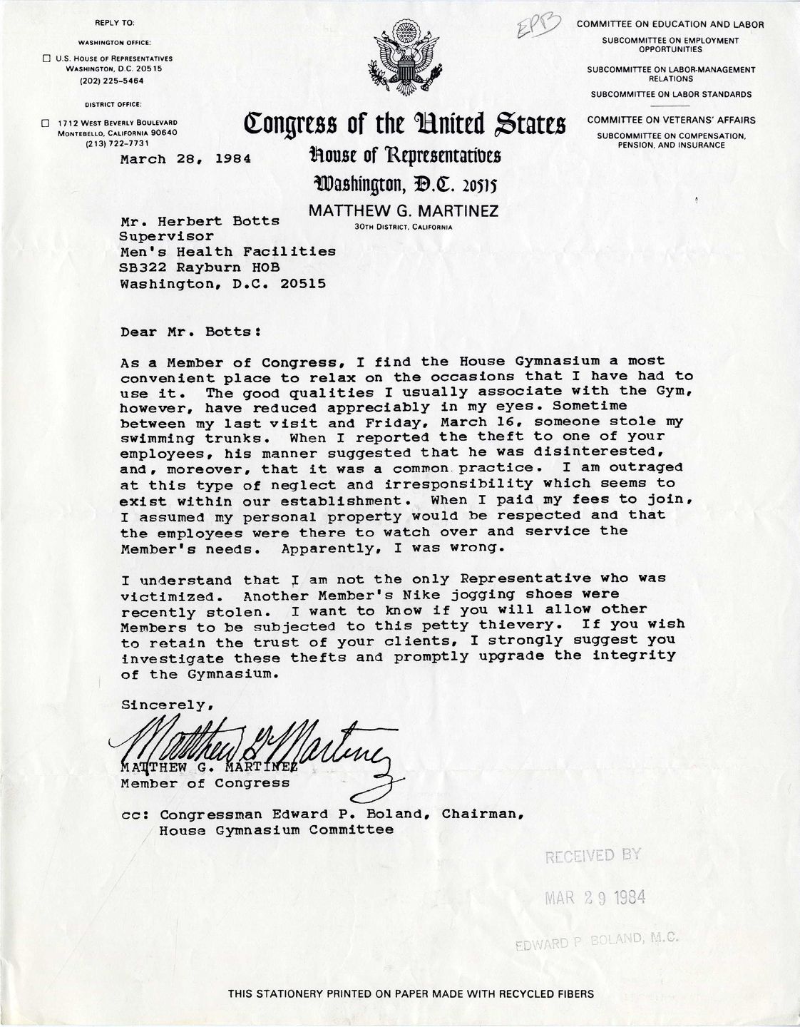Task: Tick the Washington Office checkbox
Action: click(x=45, y=58)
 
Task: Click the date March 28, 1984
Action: click(x=185, y=159)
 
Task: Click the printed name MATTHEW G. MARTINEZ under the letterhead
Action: click(x=404, y=211)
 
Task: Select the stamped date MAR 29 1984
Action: click(x=595, y=899)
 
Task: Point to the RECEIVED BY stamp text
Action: click(x=593, y=857)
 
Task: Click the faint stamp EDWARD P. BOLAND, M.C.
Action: click(x=595, y=942)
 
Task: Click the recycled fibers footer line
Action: click(x=411, y=993)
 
